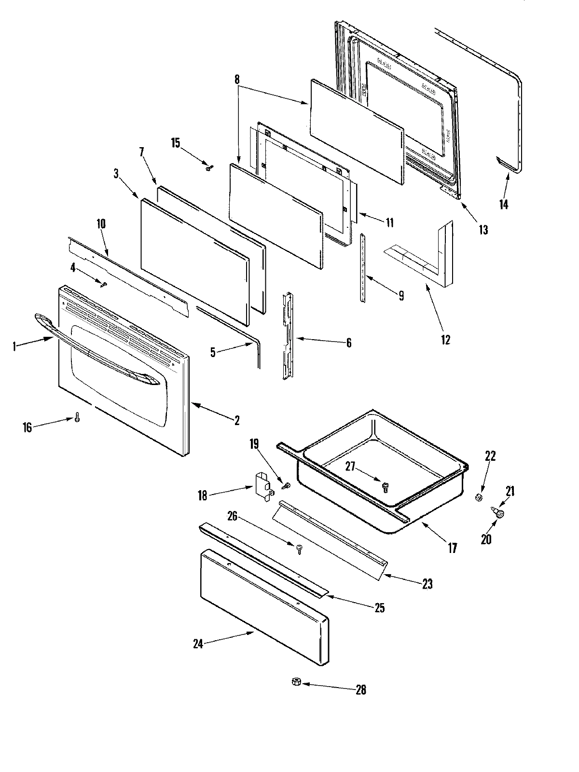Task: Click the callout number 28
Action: tap(360, 690)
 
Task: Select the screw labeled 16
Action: tap(77, 417)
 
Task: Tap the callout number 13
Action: tap(482, 230)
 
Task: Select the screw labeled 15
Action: tap(209, 168)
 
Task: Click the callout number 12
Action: tap(445, 340)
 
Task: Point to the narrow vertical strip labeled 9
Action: tap(362, 268)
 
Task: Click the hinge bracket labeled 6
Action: tap(289, 335)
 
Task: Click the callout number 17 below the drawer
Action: tap(452, 548)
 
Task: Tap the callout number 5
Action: tap(213, 352)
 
